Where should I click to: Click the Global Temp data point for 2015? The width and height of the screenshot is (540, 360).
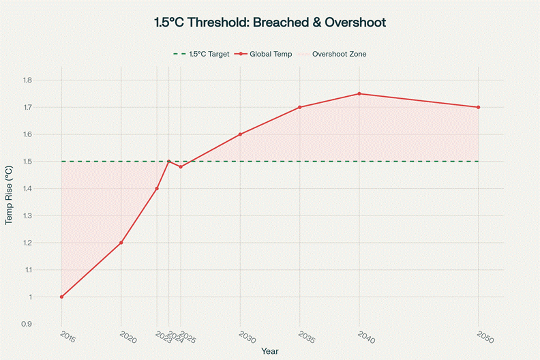(61, 297)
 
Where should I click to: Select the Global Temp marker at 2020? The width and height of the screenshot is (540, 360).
(121, 243)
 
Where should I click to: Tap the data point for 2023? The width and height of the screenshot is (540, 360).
(157, 189)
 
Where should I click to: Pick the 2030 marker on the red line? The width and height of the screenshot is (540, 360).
(240, 134)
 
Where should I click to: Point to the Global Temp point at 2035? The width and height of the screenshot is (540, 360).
(299, 107)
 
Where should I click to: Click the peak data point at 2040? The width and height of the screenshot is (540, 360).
(359, 93)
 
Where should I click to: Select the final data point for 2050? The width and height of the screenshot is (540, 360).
(479, 107)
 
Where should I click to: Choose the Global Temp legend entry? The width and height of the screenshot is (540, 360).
(267, 54)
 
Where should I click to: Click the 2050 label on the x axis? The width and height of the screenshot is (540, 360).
(485, 337)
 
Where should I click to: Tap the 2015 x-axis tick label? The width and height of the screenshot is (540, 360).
(67, 337)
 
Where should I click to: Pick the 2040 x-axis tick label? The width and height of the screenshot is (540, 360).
(365, 337)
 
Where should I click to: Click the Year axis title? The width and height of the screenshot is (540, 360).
(270, 350)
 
